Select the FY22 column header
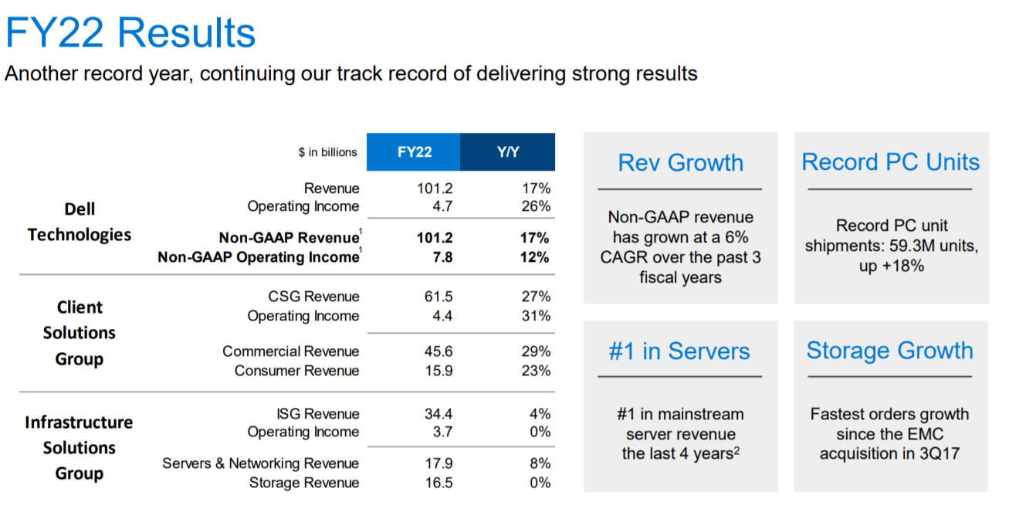[415, 152]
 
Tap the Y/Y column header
[508, 152]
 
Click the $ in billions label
[327, 152]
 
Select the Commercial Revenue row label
[290, 351]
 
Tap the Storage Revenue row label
[303, 483]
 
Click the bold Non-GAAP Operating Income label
[258, 257]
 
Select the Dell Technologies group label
[80, 222]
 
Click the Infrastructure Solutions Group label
[79, 448]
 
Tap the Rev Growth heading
[680, 163]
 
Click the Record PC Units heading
[890, 162]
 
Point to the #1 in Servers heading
[679, 351]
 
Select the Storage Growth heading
[889, 351]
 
